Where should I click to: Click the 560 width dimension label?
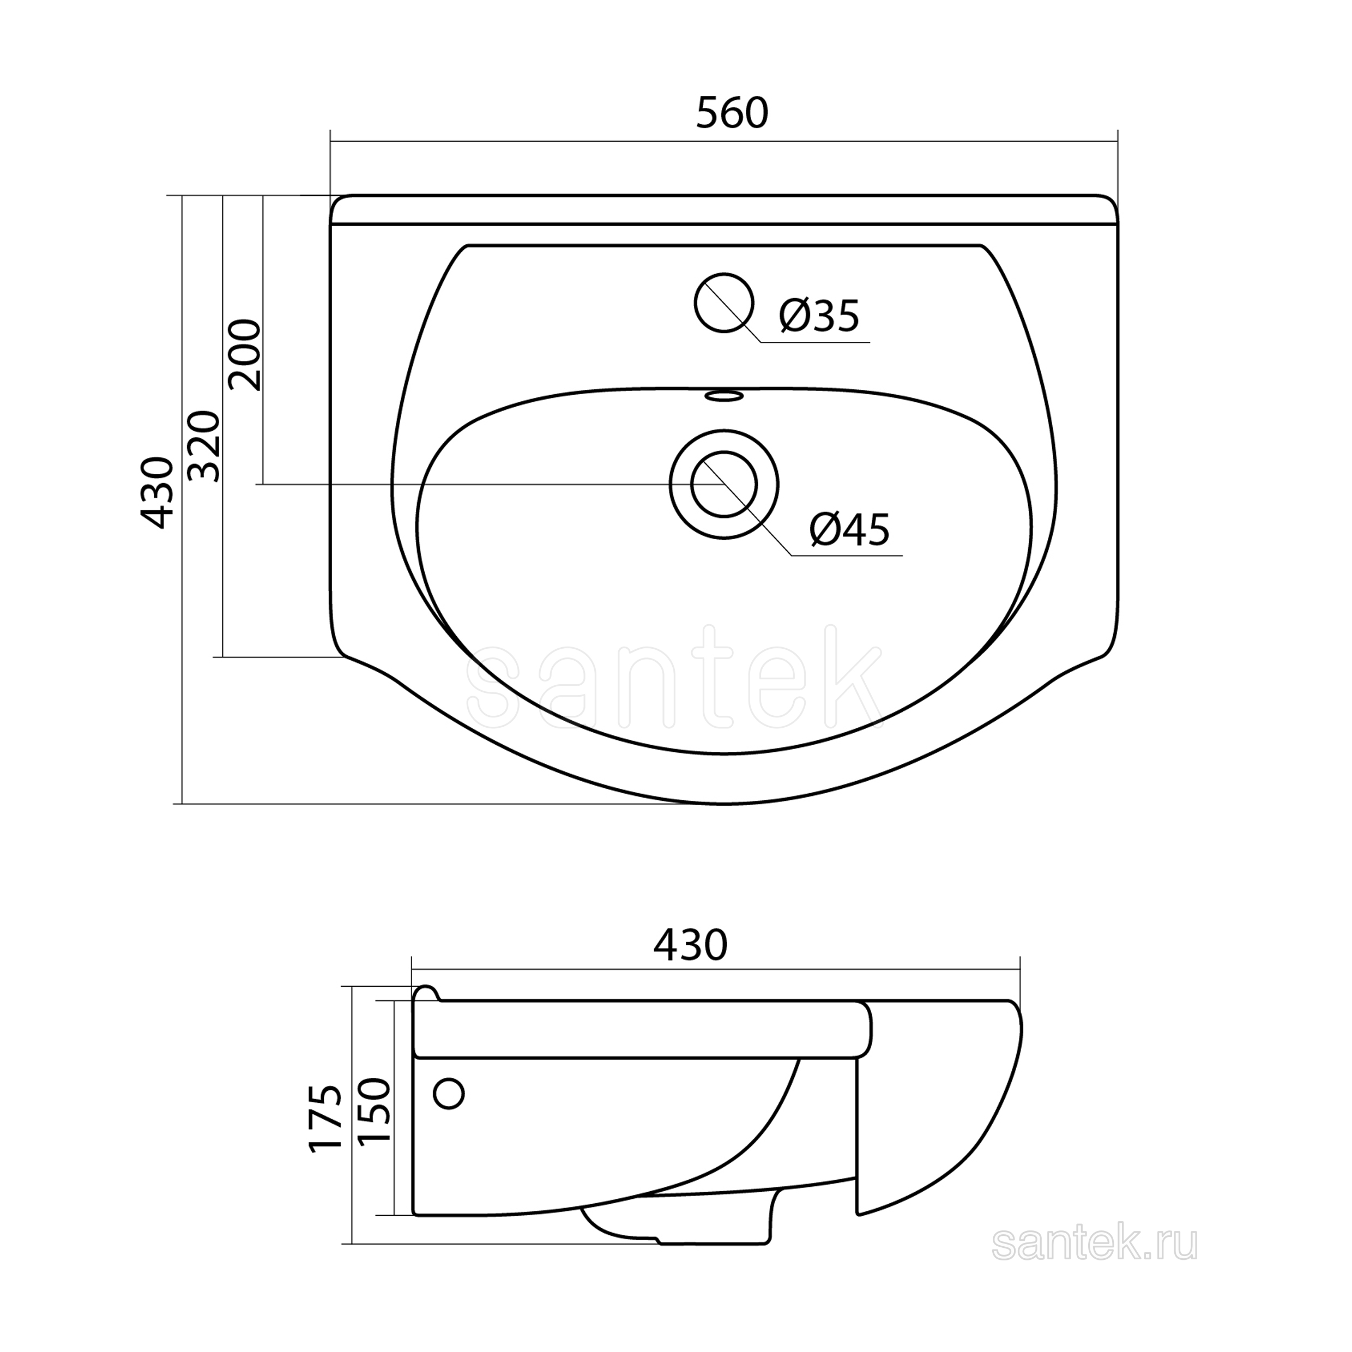732,113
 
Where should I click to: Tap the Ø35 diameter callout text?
819,316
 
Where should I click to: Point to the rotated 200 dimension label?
245,355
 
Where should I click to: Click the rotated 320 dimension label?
205,446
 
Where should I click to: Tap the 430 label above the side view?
691,946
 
